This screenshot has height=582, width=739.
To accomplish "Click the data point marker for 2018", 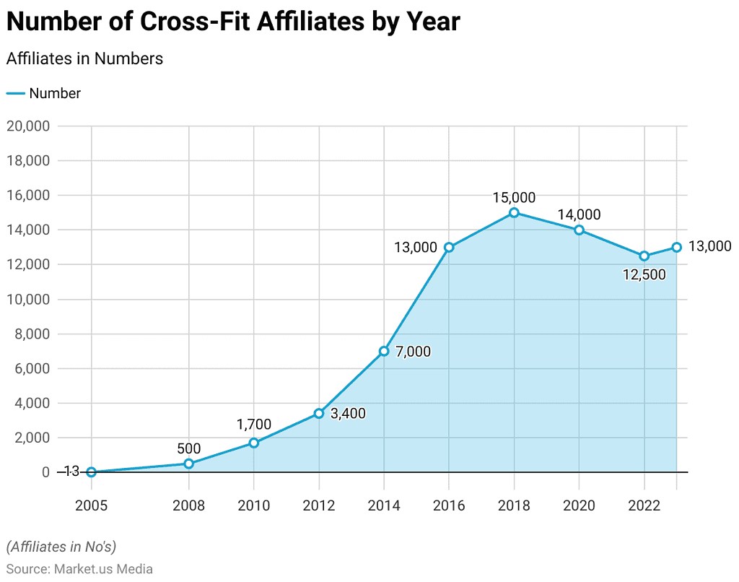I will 514,212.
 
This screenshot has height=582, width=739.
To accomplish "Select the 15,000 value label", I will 514,196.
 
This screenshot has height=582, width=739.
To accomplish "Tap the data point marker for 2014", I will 384,351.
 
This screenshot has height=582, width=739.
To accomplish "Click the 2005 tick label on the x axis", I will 91,505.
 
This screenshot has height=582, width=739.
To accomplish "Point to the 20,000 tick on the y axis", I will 27,126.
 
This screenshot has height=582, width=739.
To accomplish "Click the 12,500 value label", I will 644,274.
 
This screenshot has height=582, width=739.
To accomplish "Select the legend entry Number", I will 55,93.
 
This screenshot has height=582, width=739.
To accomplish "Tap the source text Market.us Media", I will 103,569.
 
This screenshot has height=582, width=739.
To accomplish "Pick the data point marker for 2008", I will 188,464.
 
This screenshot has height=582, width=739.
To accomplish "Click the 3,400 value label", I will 348,414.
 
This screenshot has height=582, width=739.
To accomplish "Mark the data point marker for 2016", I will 449,247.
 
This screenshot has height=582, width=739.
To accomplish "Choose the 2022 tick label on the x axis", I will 644,505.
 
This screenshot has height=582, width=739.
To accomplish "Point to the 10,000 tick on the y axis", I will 27,299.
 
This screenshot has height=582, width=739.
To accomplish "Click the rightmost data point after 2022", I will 676,247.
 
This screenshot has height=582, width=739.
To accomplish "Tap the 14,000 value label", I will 579,214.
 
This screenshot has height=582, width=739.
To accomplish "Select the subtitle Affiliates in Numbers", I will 84,58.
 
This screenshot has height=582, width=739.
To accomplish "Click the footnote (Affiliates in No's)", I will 61,546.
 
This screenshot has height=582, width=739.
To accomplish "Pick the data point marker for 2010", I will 253,443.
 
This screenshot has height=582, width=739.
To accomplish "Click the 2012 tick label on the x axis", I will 318,505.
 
